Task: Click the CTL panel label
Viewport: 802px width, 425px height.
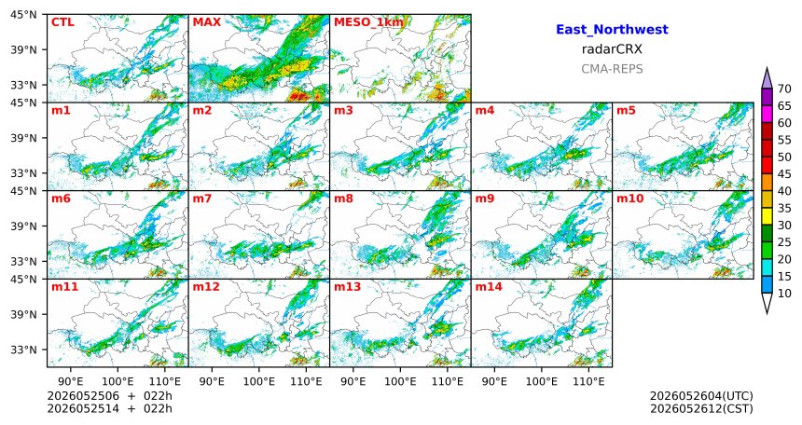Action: click(62, 22)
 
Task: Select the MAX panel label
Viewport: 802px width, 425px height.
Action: click(207, 22)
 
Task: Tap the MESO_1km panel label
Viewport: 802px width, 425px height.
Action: click(368, 22)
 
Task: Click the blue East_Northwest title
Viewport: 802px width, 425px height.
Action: click(612, 30)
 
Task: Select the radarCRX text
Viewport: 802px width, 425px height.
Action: click(612, 49)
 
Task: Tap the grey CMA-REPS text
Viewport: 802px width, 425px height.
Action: click(612, 69)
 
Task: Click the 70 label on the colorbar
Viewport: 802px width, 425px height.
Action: click(784, 89)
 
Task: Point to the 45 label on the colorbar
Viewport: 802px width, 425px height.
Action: click(784, 174)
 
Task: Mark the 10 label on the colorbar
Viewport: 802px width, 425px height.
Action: click(784, 293)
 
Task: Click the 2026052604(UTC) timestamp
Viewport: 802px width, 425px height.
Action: click(701, 396)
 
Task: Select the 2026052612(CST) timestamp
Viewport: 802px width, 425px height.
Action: click(701, 408)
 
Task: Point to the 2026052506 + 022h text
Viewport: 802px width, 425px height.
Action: click(109, 396)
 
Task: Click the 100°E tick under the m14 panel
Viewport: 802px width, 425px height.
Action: click(542, 381)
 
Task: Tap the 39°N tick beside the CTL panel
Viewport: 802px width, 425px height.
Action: click(24, 49)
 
